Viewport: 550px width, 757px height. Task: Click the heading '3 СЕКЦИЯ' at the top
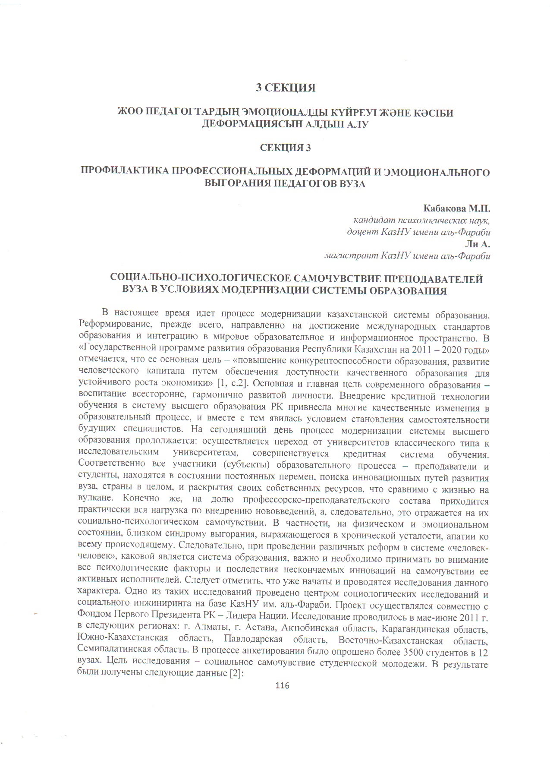coord(286,88)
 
